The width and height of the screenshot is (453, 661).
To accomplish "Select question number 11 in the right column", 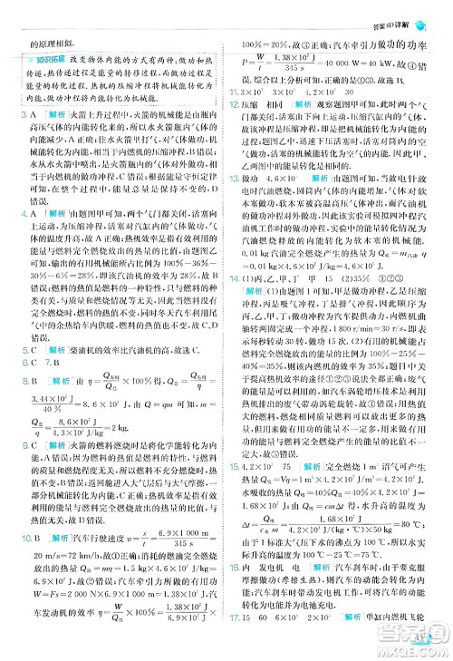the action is point(234,92).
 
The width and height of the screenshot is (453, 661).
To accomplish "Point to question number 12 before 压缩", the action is point(234,106).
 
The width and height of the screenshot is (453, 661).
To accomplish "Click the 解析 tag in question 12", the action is point(303,106).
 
